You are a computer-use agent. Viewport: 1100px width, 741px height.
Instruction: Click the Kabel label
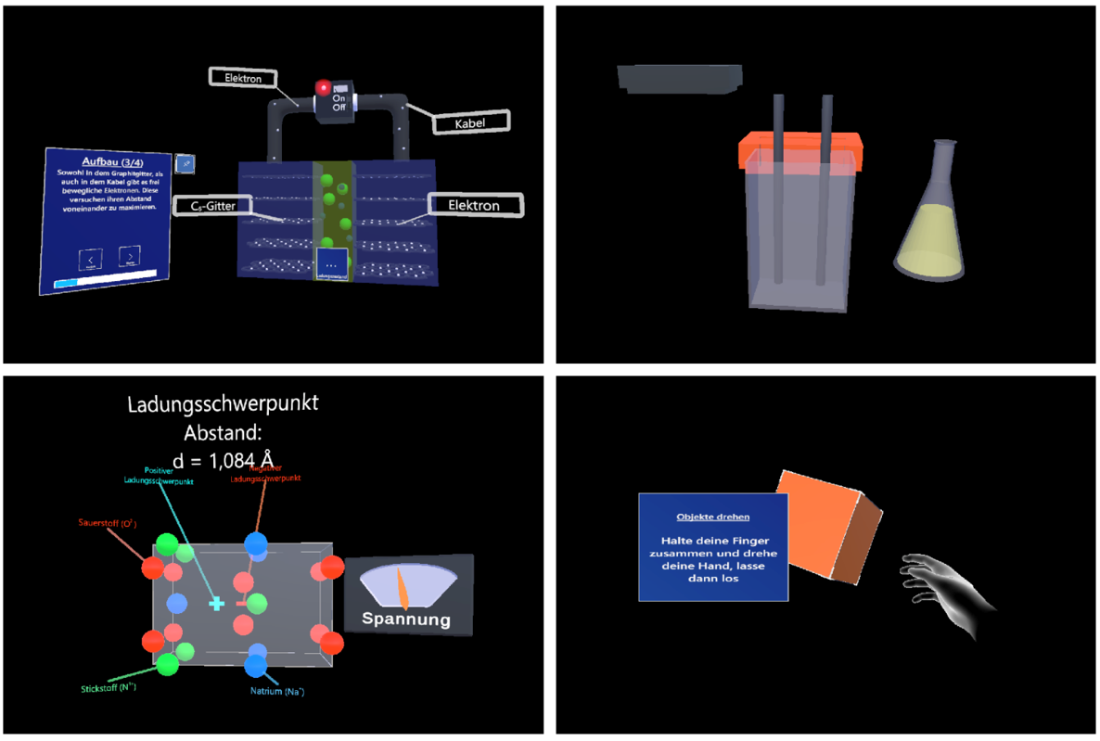[x=469, y=121]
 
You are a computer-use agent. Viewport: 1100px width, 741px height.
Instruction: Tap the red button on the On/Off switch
[x=324, y=88]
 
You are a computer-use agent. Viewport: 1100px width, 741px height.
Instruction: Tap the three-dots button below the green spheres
[x=331, y=264]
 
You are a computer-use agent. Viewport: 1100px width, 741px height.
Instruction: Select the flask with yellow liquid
[x=932, y=227]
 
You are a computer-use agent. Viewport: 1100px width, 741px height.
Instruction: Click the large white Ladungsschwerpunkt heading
[x=224, y=404]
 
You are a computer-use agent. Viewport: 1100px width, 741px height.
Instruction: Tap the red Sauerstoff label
[x=107, y=524]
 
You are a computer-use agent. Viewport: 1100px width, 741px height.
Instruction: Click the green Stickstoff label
[x=109, y=687]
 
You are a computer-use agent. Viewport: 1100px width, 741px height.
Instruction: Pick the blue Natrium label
[x=277, y=692]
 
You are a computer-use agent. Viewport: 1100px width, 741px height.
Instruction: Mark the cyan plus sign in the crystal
[x=216, y=604]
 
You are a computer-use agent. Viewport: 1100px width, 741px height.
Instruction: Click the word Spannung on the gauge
[x=406, y=620]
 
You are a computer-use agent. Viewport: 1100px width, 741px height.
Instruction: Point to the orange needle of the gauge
[x=403, y=589]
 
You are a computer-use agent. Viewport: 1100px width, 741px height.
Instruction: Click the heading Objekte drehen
[x=713, y=517]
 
